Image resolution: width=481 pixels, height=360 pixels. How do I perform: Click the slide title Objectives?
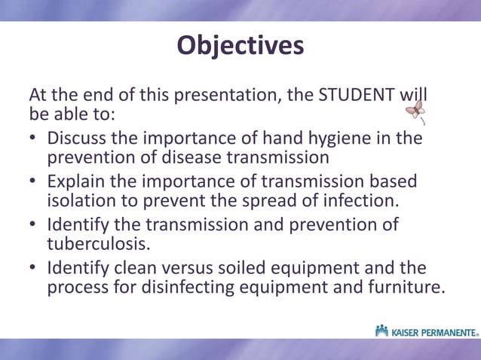click(x=240, y=46)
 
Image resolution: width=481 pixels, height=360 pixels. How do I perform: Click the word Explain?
click(x=76, y=183)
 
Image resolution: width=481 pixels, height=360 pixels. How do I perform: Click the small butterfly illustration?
click(x=415, y=113)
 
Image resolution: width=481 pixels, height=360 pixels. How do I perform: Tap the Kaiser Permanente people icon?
click(x=382, y=330)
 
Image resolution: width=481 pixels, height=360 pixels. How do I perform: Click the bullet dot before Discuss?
click(x=33, y=140)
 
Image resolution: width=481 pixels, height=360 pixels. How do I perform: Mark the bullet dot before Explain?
click(x=33, y=184)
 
